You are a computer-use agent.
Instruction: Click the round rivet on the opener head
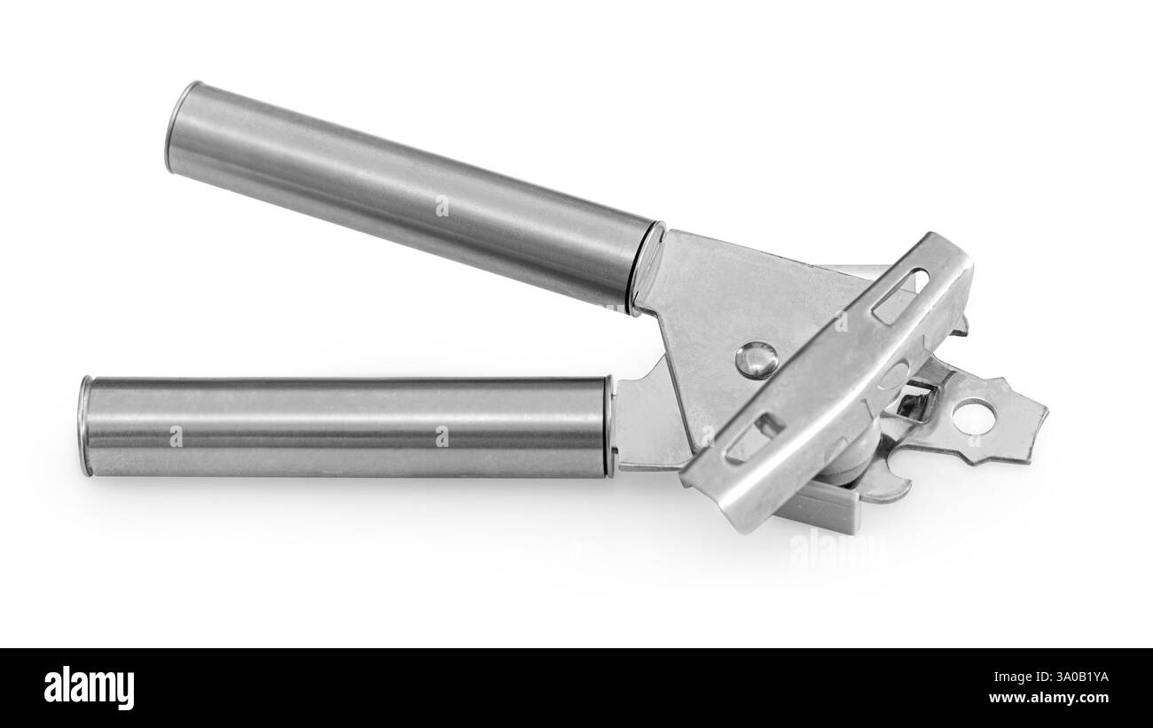[757, 359]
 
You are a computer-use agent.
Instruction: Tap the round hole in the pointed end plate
[975, 417]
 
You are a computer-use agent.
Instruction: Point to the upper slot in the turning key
[899, 296]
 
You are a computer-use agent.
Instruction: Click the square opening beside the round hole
[917, 403]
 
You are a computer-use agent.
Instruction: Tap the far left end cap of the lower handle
[85, 426]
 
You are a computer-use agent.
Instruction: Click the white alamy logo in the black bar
[89, 687]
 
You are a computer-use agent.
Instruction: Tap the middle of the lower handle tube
[346, 426]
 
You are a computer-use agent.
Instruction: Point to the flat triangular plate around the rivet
[710, 310]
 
